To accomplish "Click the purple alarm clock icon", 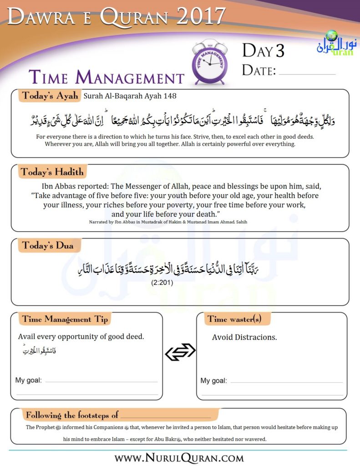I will (210, 62).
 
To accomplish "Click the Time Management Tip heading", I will (65, 319).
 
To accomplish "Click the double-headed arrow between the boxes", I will (180, 351).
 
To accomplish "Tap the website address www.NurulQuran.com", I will (179, 456).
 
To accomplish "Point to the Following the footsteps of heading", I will (72, 415).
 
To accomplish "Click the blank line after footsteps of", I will (166, 416).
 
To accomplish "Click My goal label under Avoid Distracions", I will (213, 380).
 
